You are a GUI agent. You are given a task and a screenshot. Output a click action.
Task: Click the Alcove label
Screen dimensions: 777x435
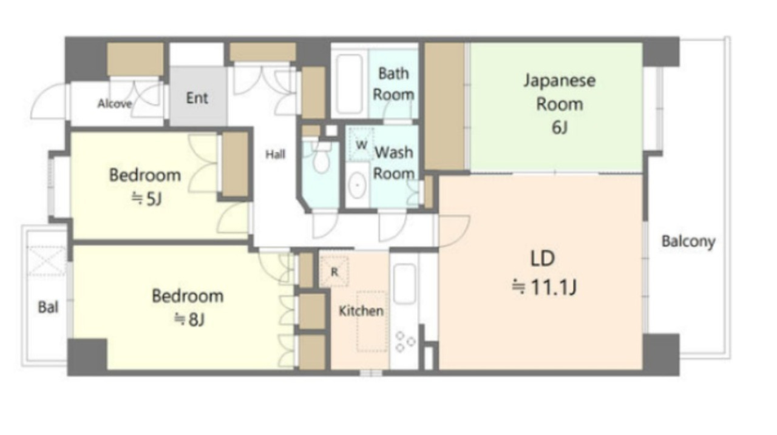click(115, 103)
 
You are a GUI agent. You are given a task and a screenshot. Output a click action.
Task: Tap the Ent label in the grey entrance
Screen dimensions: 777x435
click(197, 98)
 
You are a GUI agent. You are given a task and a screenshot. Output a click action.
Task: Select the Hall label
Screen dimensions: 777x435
click(276, 154)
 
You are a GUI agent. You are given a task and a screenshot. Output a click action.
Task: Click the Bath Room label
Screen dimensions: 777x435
click(393, 84)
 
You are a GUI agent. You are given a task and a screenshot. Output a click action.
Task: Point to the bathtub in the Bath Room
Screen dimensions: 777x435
click(349, 84)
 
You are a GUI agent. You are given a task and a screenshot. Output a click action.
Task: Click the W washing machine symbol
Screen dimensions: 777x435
click(361, 144)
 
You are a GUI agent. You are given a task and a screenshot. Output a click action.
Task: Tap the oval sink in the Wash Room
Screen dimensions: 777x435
click(357, 186)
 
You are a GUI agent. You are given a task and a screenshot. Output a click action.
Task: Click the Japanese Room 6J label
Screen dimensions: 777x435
click(559, 104)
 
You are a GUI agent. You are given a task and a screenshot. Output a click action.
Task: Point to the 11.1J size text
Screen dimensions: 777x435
click(544, 287)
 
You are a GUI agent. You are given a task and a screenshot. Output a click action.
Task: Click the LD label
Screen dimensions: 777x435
click(543, 258)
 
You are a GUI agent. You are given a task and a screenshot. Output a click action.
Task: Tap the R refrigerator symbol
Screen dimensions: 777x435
click(334, 272)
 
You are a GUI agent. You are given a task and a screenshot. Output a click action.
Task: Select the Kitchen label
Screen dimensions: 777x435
click(361, 311)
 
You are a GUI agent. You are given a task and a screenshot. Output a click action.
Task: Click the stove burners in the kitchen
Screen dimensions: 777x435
click(405, 342)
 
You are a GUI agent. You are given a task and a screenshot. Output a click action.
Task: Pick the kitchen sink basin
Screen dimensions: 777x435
click(404, 283)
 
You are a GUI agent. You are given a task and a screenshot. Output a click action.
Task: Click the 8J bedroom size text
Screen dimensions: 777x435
click(189, 319)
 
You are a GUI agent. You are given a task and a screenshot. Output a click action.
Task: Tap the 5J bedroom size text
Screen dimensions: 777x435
click(147, 198)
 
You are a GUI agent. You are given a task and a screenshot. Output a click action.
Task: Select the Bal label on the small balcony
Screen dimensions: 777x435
click(48, 307)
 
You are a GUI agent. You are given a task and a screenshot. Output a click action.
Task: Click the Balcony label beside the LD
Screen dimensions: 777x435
click(688, 241)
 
